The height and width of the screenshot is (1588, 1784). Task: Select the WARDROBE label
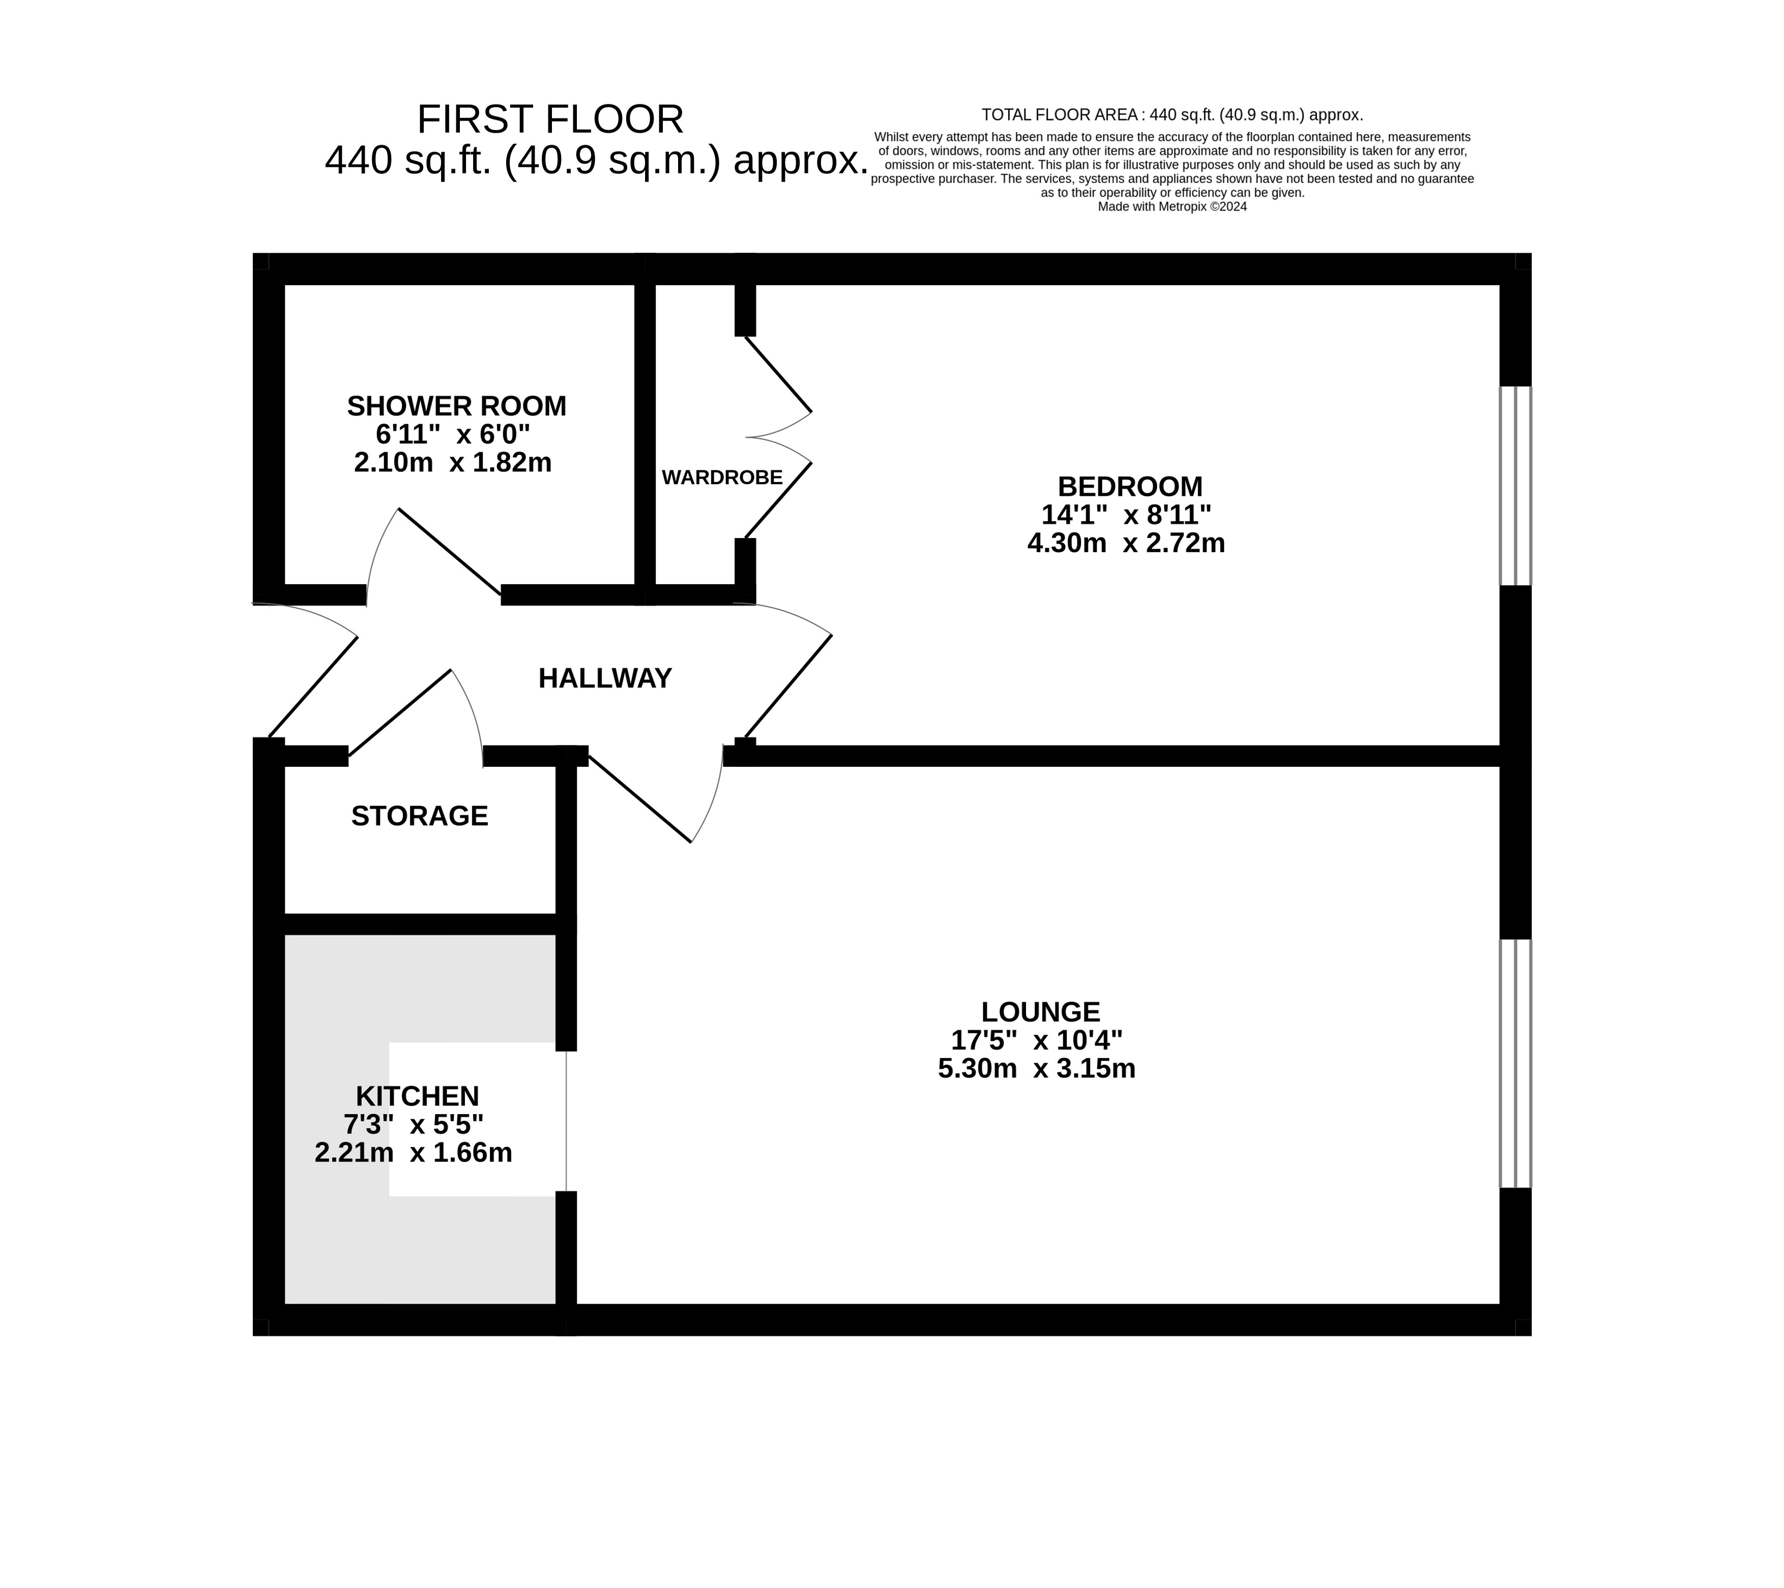click(x=722, y=477)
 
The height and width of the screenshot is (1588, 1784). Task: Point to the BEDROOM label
click(x=1129, y=486)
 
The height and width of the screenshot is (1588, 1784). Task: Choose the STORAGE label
click(x=419, y=816)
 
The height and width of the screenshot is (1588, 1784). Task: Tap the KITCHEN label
click(x=417, y=1096)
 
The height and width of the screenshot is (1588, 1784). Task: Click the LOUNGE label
click(x=1040, y=1012)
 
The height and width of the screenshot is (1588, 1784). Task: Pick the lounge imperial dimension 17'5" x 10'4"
click(x=1037, y=1040)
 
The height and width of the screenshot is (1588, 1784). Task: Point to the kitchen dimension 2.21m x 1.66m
click(x=413, y=1153)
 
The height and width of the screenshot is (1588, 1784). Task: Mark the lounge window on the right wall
click(x=1515, y=1064)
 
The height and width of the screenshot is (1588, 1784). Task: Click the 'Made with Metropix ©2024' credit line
click(x=1172, y=207)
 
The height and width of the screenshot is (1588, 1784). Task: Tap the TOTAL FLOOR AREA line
click(x=1172, y=114)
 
